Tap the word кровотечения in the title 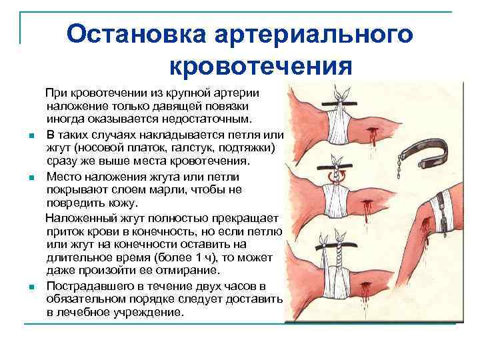[x=260, y=66]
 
